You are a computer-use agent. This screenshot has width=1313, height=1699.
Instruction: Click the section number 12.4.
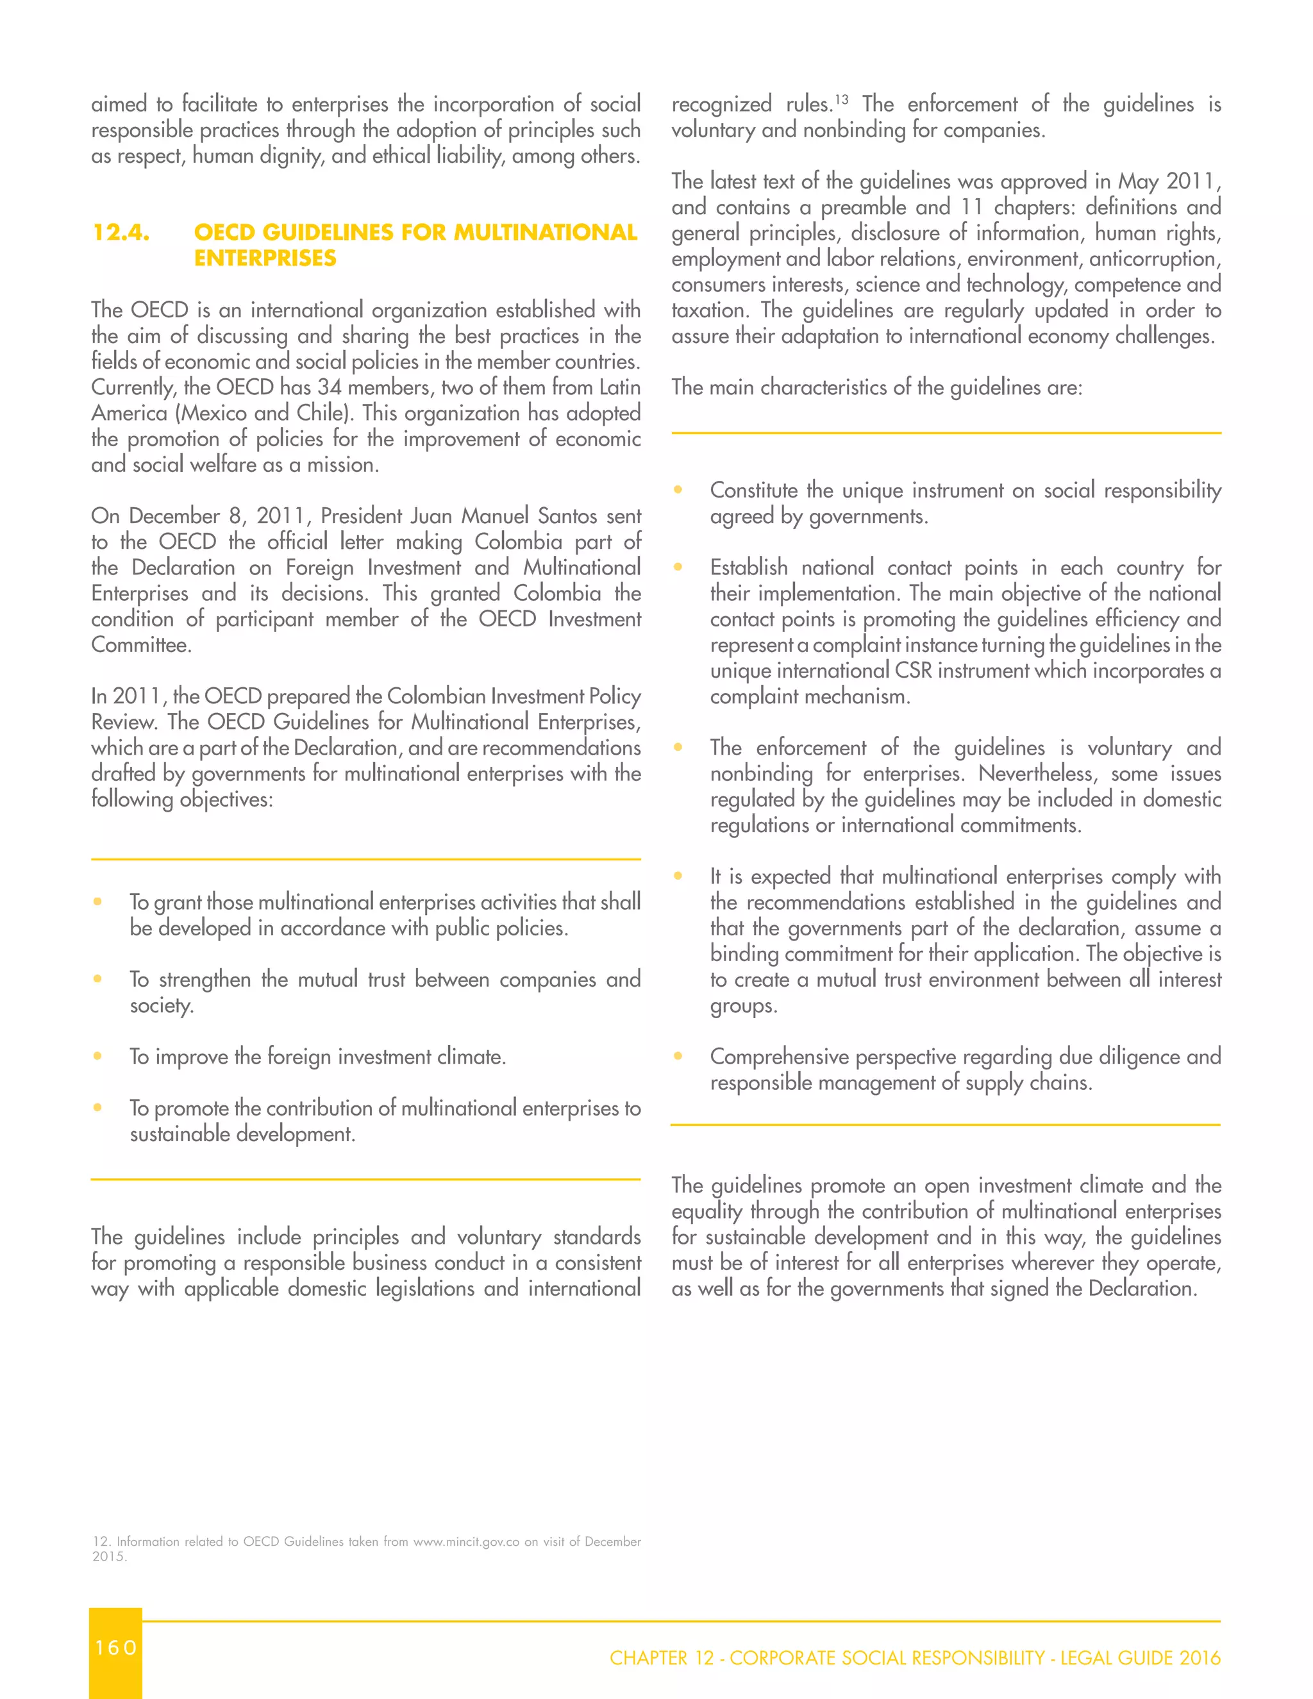click(x=121, y=233)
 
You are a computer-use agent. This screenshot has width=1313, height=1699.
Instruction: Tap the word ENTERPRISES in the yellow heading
click(x=265, y=258)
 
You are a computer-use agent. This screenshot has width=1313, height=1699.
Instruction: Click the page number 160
click(x=116, y=1647)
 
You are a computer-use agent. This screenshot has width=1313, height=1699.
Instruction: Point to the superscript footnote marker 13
click(x=842, y=99)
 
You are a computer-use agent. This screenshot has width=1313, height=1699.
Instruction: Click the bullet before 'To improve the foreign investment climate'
click(x=97, y=1057)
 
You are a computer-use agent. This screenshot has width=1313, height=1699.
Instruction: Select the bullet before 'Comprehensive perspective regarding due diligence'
click(x=678, y=1057)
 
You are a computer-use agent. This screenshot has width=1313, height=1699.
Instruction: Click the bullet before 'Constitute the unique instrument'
click(x=678, y=490)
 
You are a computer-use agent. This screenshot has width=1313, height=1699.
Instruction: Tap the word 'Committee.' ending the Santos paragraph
click(x=141, y=645)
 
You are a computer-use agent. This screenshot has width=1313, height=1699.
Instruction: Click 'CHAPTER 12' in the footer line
click(x=661, y=1658)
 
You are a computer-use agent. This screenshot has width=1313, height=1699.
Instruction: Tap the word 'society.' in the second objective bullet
click(x=161, y=1006)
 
